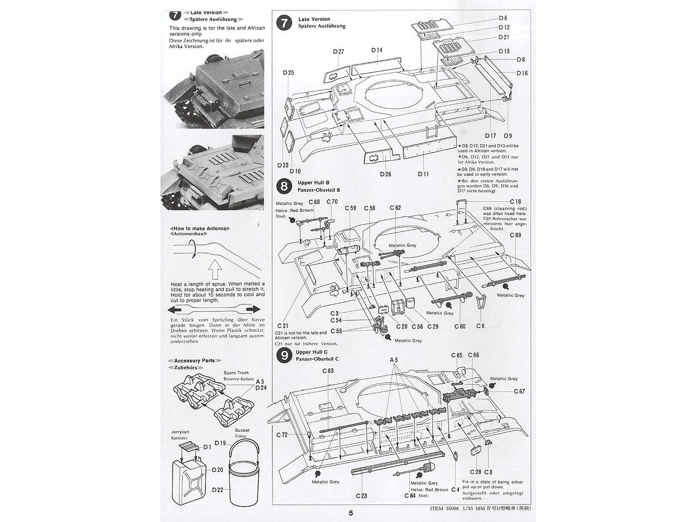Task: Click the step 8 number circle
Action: pos(284,185)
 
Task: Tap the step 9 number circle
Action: pos(284,355)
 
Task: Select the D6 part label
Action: pos(503,18)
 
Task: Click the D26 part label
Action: pos(385,174)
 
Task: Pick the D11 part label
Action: pos(423,174)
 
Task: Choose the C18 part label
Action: pos(515,202)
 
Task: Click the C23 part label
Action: pos(361,496)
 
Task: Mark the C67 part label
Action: pos(519,392)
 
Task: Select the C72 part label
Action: pos(281,435)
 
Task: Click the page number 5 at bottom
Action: pos(351,513)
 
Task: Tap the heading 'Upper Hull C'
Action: pos(312,352)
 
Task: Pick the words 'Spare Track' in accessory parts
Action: pos(233,372)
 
